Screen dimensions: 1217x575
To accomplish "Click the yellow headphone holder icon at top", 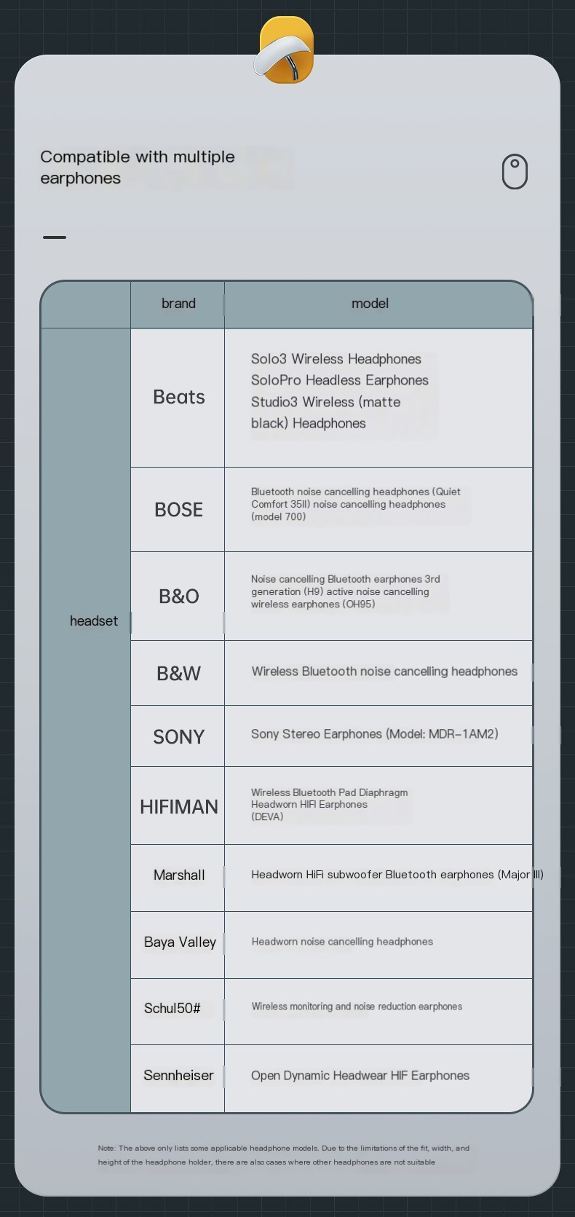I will (x=286, y=50).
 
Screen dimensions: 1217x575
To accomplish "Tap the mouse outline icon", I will (x=515, y=172).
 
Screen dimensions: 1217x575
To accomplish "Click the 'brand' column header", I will (x=178, y=304).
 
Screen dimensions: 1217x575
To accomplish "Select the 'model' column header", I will (x=370, y=304).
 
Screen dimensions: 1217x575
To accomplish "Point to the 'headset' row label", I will (x=93, y=621).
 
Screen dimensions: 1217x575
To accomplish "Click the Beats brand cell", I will (x=178, y=397).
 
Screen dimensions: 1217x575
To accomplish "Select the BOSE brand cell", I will (x=178, y=510).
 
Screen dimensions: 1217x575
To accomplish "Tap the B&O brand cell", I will (x=178, y=596).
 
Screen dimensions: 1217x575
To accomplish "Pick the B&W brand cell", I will (x=178, y=673).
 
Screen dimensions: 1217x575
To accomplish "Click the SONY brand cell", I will (x=178, y=736).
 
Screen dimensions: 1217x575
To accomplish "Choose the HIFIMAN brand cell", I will (x=178, y=806).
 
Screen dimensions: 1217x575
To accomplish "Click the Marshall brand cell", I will (x=178, y=875).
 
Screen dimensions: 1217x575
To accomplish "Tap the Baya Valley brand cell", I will (x=180, y=942).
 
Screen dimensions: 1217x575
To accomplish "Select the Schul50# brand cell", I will (x=172, y=1008).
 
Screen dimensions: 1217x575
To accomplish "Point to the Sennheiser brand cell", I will (x=178, y=1075).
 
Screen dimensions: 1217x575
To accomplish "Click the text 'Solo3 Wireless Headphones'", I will (x=336, y=359).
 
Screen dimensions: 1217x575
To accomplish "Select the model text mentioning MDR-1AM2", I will (x=374, y=733).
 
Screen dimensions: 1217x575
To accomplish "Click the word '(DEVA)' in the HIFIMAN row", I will (x=267, y=816).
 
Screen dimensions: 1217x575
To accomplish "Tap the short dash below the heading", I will (x=55, y=237).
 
